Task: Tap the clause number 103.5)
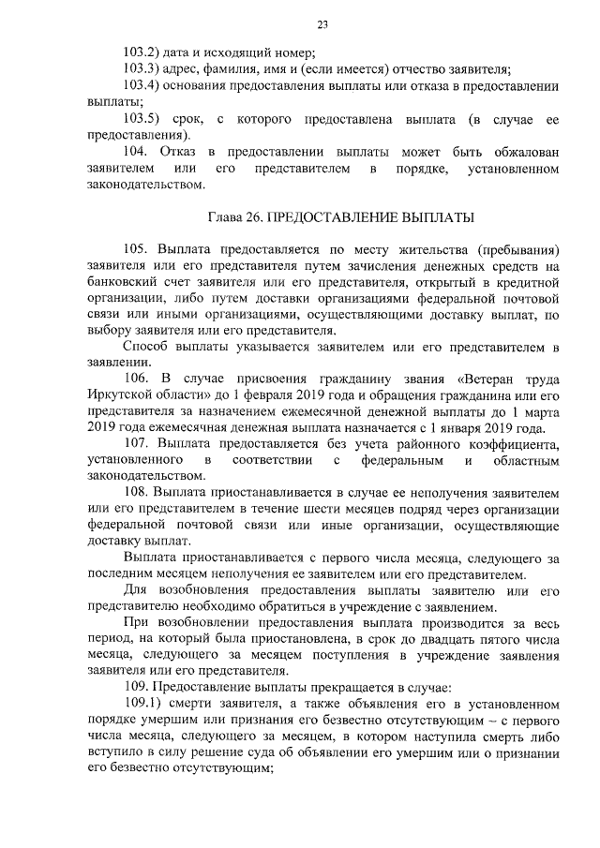[144, 120]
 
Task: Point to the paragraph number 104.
[137, 152]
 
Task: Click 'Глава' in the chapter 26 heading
[225, 217]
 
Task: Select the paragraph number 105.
[137, 250]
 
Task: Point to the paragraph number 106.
[137, 381]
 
